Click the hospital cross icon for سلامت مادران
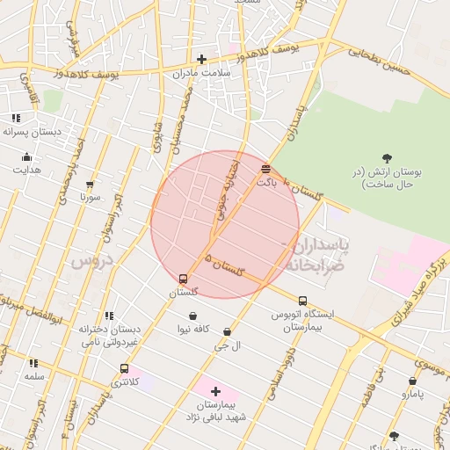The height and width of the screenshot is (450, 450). (x=201, y=60)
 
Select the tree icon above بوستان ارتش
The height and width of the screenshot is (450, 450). (x=388, y=157)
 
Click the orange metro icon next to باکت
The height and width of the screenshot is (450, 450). (x=266, y=168)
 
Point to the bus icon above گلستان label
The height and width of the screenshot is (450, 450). (x=183, y=279)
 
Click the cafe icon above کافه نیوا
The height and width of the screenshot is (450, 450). (x=192, y=316)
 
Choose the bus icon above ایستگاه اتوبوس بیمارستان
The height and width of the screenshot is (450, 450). (x=302, y=301)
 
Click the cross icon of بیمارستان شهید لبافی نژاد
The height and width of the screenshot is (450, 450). (x=215, y=390)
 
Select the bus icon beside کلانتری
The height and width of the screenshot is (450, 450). (x=124, y=369)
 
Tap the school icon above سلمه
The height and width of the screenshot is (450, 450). (x=33, y=363)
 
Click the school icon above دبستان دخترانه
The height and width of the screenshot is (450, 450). (x=109, y=316)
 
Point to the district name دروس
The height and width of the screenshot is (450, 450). (x=92, y=261)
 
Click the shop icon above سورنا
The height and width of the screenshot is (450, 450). (x=90, y=185)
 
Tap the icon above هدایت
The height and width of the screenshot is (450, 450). (x=25, y=157)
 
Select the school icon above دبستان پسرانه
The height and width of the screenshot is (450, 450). (x=16, y=118)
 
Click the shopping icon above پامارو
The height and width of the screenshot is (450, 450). (x=412, y=381)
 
